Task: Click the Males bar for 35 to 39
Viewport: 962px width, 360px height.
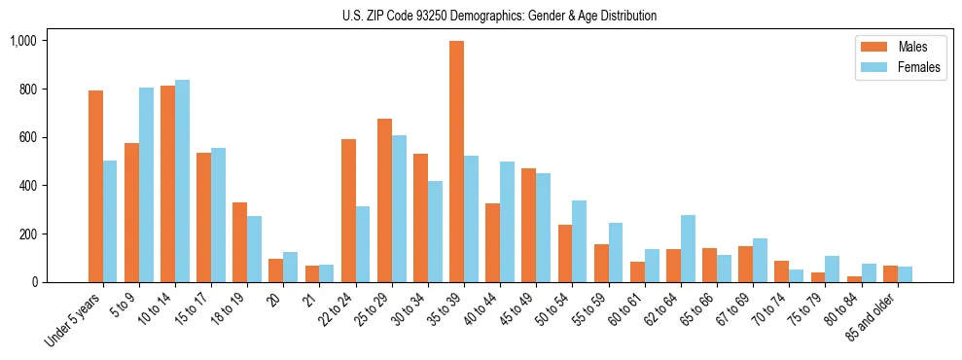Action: [456, 162]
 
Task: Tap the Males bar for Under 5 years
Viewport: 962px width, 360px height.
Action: [95, 186]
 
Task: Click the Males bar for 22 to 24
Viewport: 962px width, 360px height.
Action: [348, 210]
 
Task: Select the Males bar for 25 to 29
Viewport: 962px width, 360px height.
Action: [384, 200]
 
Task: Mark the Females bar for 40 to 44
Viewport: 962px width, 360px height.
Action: [507, 222]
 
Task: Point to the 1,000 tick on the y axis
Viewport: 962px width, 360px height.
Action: [23, 41]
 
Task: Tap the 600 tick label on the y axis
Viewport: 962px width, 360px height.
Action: [28, 137]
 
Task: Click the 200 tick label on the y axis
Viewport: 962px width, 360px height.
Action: [28, 234]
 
